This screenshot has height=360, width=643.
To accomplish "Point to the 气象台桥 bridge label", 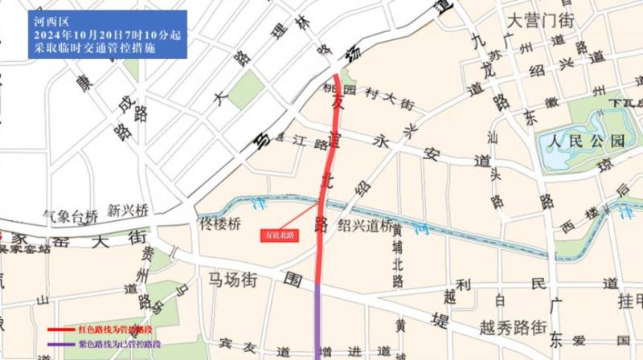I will point(72,215).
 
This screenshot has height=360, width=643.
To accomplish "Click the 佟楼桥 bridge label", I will point(218,224).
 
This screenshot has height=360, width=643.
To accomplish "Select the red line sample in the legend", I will point(59,329).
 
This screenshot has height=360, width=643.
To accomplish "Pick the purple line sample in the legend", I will point(59,344).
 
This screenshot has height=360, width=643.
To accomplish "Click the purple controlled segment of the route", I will point(317,321).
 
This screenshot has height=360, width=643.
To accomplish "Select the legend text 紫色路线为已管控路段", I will point(117,344).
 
